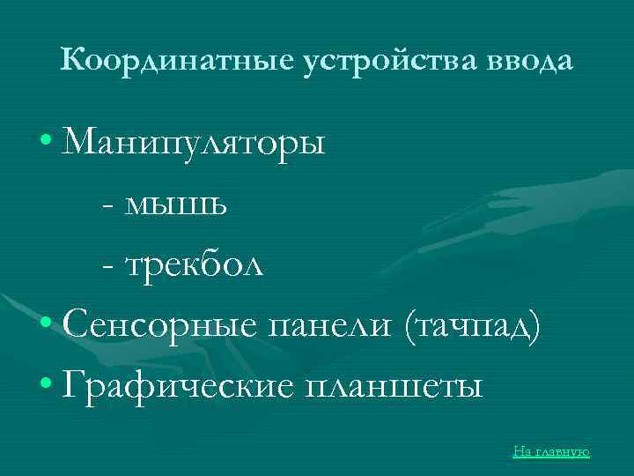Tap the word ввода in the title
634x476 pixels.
[529, 61]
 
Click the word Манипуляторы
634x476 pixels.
[195, 142]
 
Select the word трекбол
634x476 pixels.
[195, 264]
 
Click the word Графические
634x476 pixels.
[178, 385]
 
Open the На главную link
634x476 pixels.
[551, 451]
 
